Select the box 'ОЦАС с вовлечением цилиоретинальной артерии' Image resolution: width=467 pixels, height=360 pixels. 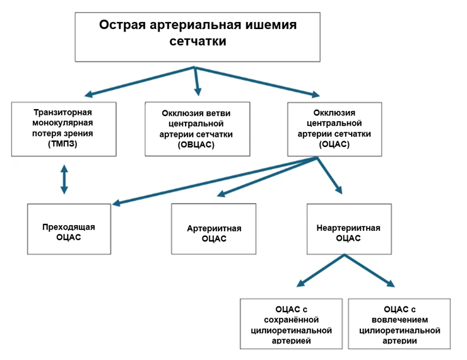399,324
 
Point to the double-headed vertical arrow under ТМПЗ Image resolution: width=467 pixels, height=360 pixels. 64,179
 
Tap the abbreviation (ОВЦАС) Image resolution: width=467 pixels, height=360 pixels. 196,144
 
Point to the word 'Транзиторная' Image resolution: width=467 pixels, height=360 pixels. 64,108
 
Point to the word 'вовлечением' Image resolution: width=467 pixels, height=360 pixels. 399,319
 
